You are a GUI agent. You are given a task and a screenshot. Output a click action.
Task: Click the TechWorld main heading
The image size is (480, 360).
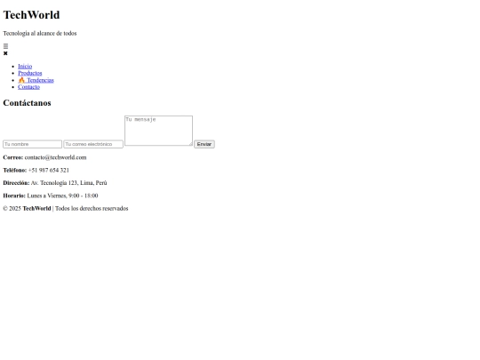click(x=31, y=15)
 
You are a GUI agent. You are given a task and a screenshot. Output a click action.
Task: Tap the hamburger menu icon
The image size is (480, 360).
click(x=5, y=46)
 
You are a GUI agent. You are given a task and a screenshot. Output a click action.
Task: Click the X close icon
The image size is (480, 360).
click(x=5, y=53)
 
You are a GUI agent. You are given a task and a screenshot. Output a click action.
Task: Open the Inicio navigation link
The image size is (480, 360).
click(x=25, y=66)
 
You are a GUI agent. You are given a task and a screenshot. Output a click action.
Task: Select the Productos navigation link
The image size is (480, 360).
click(x=30, y=73)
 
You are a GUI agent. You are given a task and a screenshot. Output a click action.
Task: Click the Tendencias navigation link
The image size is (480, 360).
click(x=36, y=80)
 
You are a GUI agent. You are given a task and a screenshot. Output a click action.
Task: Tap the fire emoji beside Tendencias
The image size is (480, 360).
click(x=21, y=80)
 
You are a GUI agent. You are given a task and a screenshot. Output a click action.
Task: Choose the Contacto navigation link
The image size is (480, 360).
click(x=28, y=87)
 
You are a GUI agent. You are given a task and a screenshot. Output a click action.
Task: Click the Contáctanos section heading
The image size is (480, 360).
click(x=27, y=103)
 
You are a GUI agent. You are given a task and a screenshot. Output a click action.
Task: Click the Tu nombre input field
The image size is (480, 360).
click(x=33, y=144)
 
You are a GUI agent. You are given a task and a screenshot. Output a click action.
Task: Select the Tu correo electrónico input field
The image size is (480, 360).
click(x=93, y=144)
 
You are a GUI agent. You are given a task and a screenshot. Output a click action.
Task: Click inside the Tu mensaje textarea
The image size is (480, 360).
click(x=158, y=131)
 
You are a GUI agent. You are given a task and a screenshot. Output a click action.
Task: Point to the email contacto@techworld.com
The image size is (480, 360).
click(x=55, y=157)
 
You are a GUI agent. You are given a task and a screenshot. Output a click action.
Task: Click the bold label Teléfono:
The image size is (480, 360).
click(x=15, y=170)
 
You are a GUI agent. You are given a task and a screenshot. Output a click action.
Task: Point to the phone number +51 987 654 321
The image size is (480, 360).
click(x=49, y=170)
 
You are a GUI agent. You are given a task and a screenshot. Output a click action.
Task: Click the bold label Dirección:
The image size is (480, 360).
click(x=16, y=183)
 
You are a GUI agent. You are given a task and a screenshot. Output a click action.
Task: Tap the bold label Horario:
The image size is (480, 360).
click(x=14, y=196)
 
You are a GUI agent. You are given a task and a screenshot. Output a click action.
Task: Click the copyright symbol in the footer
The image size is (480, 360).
click(x=5, y=209)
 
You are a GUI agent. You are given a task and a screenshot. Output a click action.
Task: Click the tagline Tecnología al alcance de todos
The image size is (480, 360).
click(x=40, y=34)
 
